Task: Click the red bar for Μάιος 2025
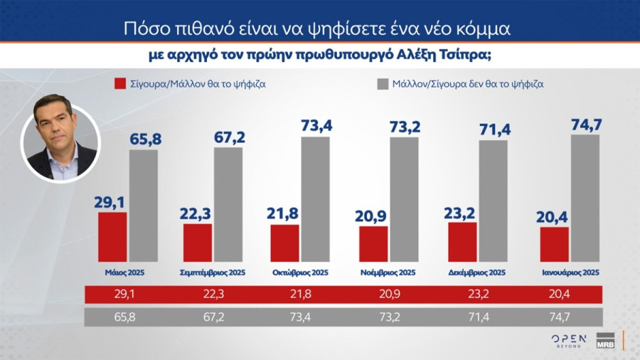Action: pos(112,237)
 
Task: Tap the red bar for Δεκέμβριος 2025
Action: pos(462,242)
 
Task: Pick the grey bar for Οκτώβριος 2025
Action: pos(315,199)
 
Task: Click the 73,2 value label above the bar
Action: pos(405,127)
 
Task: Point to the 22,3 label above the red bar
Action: pos(197,213)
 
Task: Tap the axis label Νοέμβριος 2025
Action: pos(388,272)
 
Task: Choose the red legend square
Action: pos(119,84)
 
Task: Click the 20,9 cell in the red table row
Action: pos(388,294)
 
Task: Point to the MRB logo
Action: pos(605,340)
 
